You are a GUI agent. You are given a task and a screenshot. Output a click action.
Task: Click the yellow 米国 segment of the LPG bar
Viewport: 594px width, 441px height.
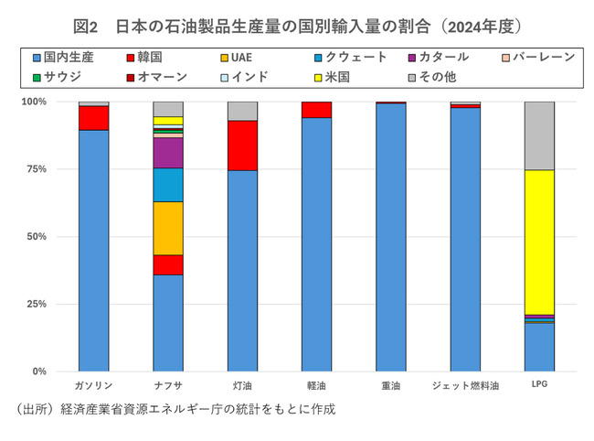pyautogui.click(x=539, y=242)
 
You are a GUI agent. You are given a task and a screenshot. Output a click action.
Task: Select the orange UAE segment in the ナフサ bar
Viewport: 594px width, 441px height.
pyautogui.click(x=168, y=228)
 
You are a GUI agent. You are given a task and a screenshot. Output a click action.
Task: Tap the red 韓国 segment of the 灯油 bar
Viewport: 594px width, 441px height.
pyautogui.click(x=242, y=145)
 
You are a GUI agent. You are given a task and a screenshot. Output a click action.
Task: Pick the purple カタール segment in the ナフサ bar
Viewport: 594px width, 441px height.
pyautogui.click(x=168, y=152)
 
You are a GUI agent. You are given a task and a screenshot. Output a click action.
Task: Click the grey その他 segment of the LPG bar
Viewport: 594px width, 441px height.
pyautogui.click(x=539, y=135)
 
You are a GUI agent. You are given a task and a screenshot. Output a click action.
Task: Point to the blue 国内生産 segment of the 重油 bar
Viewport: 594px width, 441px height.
pyautogui.click(x=391, y=238)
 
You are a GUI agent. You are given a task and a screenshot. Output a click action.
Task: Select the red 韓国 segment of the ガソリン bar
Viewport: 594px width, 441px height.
pyautogui.click(x=93, y=118)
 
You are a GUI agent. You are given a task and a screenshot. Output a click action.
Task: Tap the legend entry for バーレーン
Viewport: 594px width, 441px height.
pyautogui.click(x=538, y=57)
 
